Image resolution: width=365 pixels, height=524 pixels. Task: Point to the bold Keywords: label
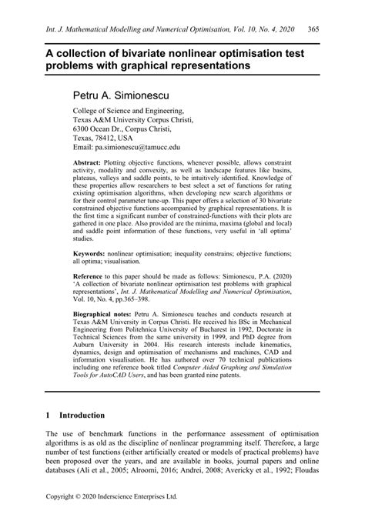[95, 253]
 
